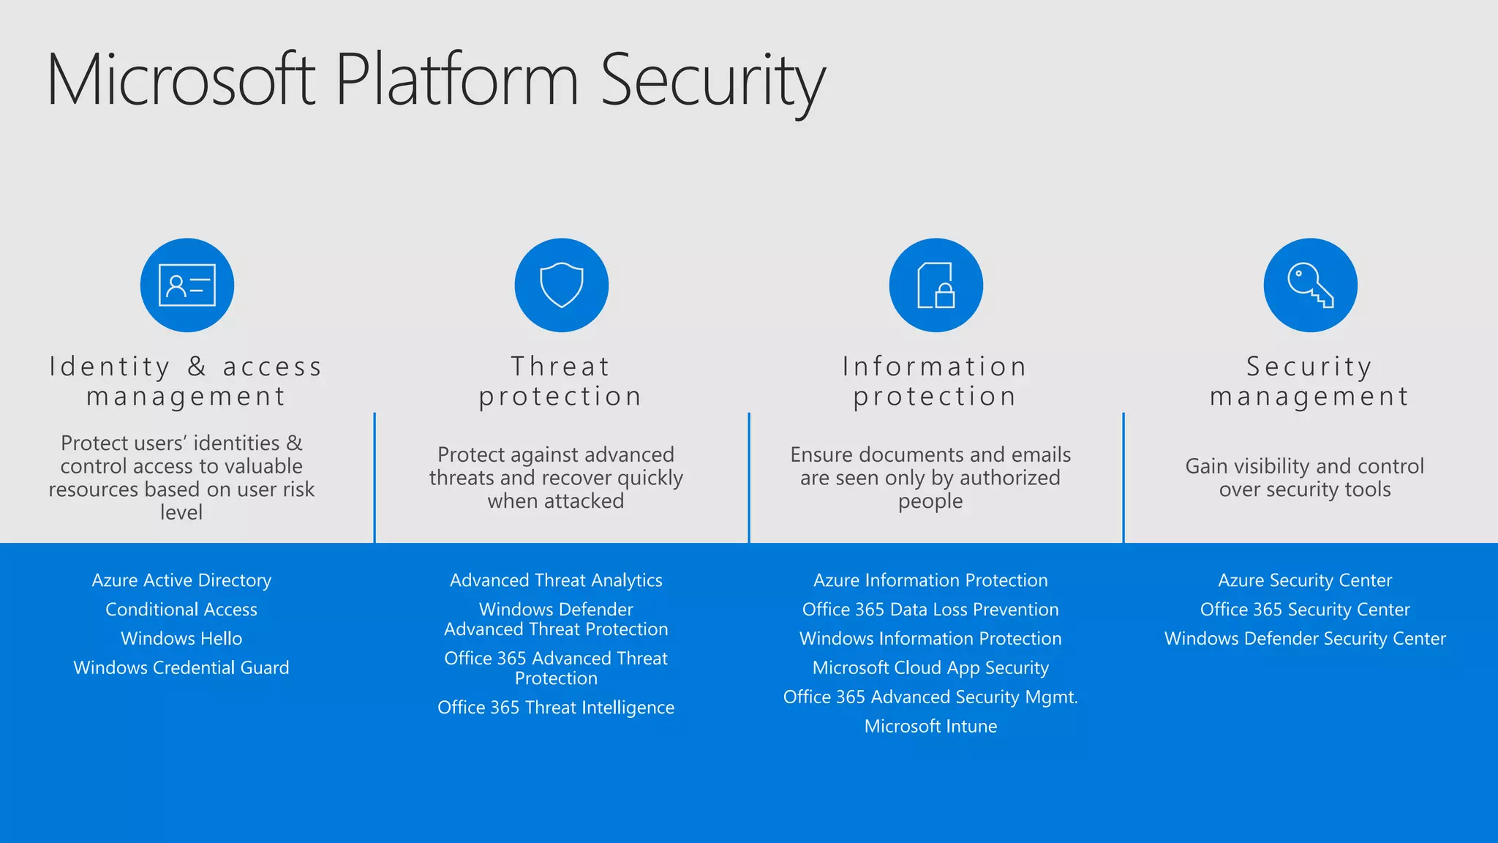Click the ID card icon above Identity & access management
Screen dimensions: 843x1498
click(x=187, y=285)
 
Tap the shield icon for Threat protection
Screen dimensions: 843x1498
click(x=562, y=285)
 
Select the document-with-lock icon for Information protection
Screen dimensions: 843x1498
click(x=936, y=285)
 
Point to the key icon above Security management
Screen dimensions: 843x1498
click(x=1310, y=285)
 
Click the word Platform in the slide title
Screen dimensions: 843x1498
click(x=457, y=80)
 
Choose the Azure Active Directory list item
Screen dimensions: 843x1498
click(x=181, y=580)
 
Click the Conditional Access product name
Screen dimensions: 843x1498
click(x=181, y=610)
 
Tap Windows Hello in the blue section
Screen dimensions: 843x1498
click(x=181, y=639)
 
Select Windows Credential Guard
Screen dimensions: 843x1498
click(x=181, y=668)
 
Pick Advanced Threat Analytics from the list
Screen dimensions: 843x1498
click(x=556, y=580)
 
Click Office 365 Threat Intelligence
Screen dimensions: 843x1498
click(x=556, y=708)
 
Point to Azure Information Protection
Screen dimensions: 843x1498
click(x=930, y=580)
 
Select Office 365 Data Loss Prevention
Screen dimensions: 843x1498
click(x=930, y=610)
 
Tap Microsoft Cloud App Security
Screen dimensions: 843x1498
click(x=930, y=668)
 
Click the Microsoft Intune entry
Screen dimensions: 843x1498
click(x=930, y=727)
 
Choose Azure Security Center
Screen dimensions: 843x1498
click(x=1305, y=580)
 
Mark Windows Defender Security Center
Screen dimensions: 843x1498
click(x=1305, y=639)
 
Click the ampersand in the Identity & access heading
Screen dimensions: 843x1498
click(x=197, y=367)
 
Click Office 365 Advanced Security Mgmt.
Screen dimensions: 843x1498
click(x=930, y=697)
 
